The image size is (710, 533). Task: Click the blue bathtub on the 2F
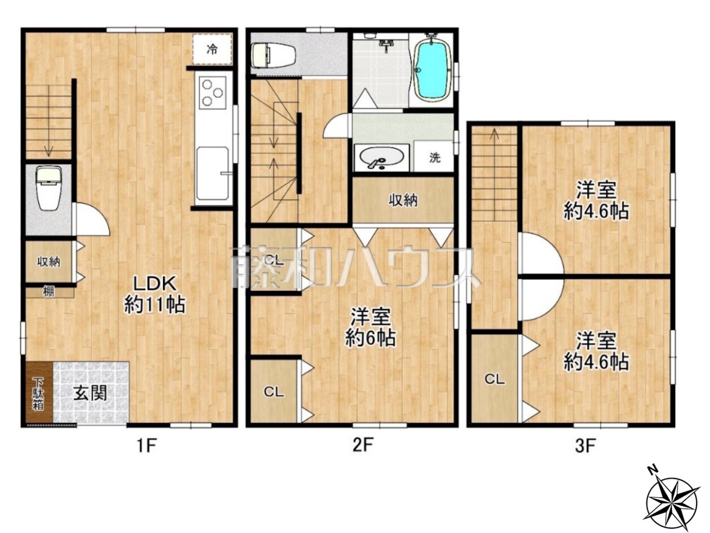tap(433, 70)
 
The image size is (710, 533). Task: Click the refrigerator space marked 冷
tap(212, 49)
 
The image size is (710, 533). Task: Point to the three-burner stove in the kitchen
tap(212, 93)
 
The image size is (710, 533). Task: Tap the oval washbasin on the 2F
tap(382, 158)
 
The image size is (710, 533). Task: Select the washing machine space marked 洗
tap(435, 158)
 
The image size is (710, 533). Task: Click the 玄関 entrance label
tap(90, 393)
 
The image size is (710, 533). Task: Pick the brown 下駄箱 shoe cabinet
tap(39, 392)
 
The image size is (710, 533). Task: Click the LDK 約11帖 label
tap(155, 294)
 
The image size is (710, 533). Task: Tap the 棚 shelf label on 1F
tap(48, 292)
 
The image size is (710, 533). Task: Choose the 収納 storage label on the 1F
tap(48, 262)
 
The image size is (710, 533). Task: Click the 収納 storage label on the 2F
tap(403, 200)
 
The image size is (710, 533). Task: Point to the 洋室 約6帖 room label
tap(371, 327)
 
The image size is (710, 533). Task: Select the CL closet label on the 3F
tap(495, 379)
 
